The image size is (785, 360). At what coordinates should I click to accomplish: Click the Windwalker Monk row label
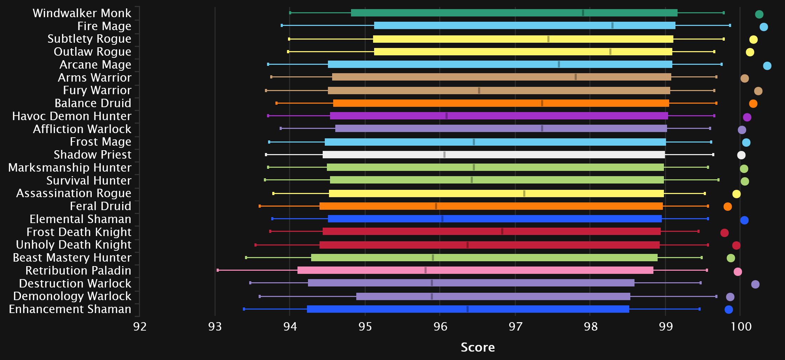pyautogui.click(x=82, y=13)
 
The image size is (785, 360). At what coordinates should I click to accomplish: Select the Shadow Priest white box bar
pyautogui.click(x=493, y=155)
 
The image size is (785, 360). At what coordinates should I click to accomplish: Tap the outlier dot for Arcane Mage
pyautogui.click(x=767, y=66)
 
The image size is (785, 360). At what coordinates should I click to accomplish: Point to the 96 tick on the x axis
pyautogui.click(x=440, y=326)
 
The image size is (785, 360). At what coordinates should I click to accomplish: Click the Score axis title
pyautogui.click(x=478, y=347)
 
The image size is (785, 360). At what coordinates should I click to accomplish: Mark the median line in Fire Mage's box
pyautogui.click(x=612, y=26)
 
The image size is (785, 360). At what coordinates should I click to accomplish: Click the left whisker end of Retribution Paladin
pyautogui.click(x=218, y=270)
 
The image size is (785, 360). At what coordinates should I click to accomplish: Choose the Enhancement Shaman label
pyautogui.click(x=70, y=309)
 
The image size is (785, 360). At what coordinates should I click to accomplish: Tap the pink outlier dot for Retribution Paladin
pyautogui.click(x=738, y=272)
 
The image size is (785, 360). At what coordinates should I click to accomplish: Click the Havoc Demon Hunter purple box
pyautogui.click(x=499, y=116)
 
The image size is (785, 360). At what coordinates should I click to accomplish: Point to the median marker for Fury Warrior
pyautogui.click(x=479, y=91)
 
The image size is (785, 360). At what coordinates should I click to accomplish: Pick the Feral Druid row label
pyautogui.click(x=100, y=206)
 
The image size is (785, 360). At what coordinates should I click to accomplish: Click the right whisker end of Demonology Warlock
pyautogui.click(x=716, y=297)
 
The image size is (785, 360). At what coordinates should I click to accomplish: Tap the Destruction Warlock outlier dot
pyautogui.click(x=755, y=284)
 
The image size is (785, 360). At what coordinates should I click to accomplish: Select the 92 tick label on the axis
pyautogui.click(x=140, y=326)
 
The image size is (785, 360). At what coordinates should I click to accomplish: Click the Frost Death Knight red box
pyautogui.click(x=491, y=231)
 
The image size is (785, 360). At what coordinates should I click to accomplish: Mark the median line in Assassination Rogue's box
pyautogui.click(x=524, y=194)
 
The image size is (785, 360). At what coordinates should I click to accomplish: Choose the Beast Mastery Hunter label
pyautogui.click(x=72, y=258)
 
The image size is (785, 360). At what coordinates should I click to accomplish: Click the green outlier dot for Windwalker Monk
pyautogui.click(x=759, y=14)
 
